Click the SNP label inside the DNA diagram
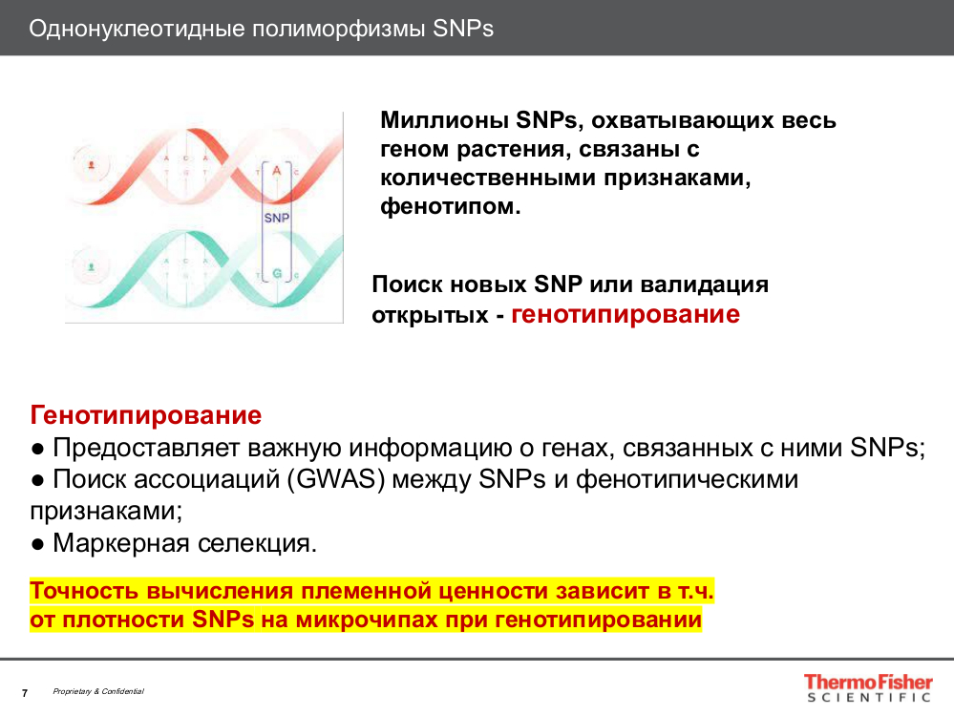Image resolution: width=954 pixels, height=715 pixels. pos(277,218)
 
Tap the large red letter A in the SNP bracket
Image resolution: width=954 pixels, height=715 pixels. pos(277,170)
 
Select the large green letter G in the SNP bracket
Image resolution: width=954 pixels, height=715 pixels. pos(277,274)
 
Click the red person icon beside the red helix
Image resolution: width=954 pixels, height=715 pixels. pos(92,165)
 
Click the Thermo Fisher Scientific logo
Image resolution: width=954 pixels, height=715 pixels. pos(867,688)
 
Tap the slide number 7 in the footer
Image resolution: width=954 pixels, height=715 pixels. pos(25,692)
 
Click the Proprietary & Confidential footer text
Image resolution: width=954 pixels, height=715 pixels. pos(98,691)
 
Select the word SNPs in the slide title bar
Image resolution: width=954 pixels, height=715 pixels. pos(463,28)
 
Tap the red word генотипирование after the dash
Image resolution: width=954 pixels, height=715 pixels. pos(625,314)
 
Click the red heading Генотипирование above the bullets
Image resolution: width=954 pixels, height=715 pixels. pos(146,415)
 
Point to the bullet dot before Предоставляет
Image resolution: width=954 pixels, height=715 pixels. pos(37,449)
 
